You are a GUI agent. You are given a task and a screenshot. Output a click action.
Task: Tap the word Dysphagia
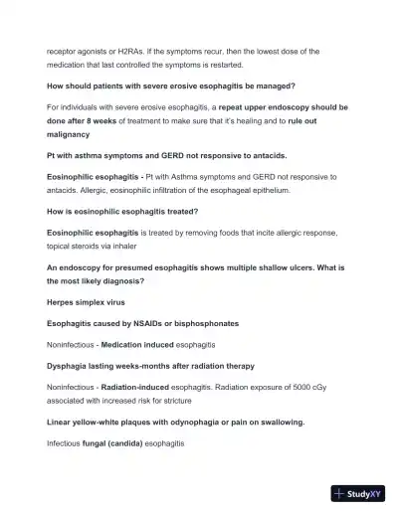click(x=70, y=365)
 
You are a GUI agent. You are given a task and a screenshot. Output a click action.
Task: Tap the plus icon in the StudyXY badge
click(x=340, y=494)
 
